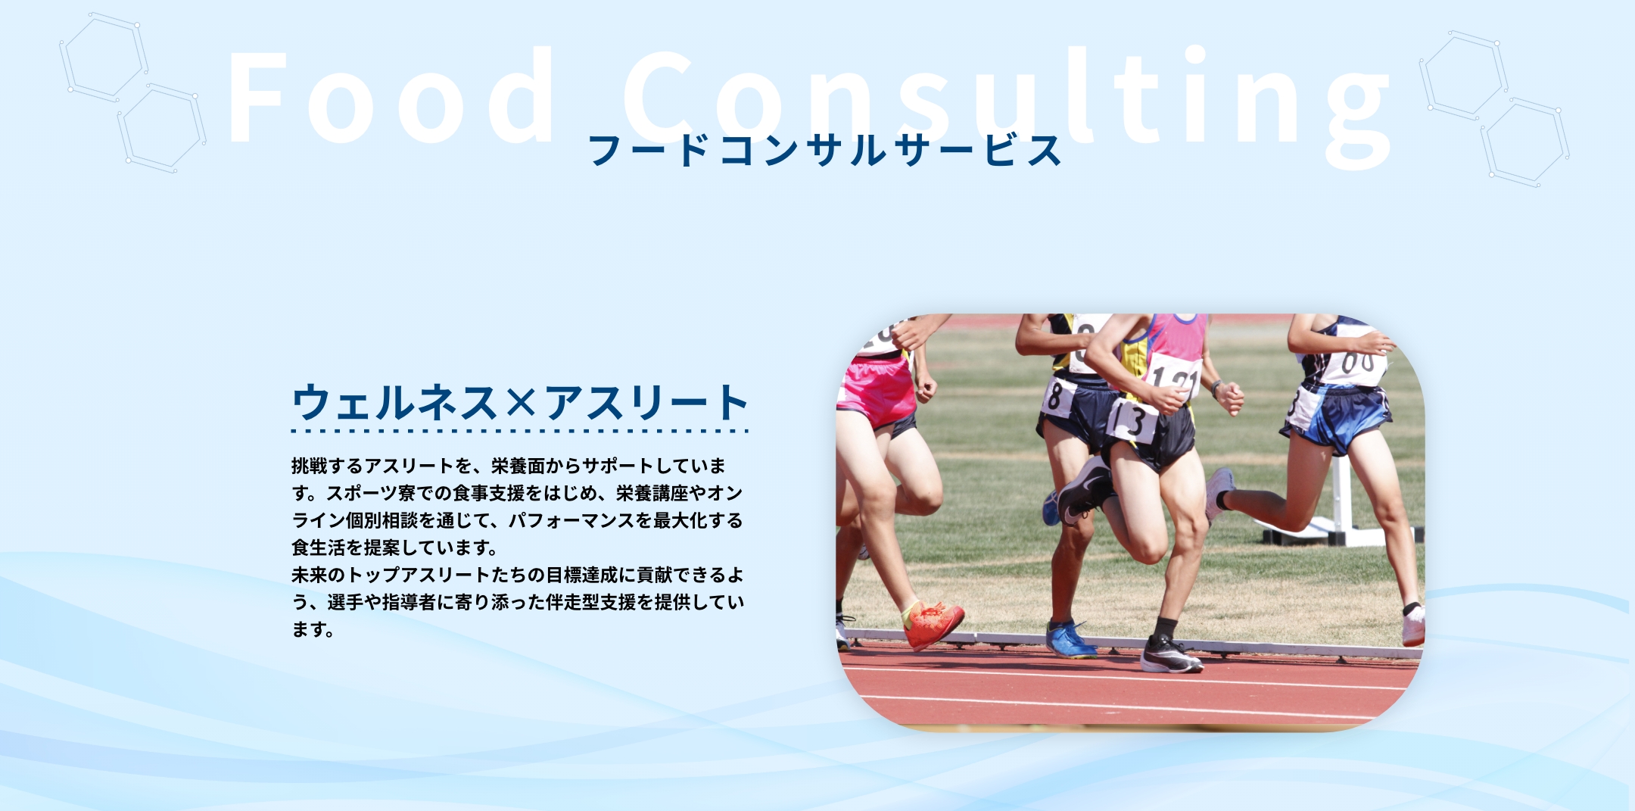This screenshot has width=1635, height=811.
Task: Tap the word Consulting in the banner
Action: [x=1007, y=106]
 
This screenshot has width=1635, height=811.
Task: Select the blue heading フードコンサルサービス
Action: [x=825, y=150]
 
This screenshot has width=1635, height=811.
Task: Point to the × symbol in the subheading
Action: [x=520, y=403]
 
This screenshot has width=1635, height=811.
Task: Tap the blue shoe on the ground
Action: [x=1070, y=640]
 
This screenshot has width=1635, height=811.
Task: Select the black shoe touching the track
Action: [x=1170, y=656]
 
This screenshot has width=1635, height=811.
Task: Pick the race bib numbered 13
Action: [x=1132, y=421]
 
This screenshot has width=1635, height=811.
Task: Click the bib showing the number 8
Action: [x=1058, y=397]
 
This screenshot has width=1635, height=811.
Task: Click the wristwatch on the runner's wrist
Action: [x=1216, y=388]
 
